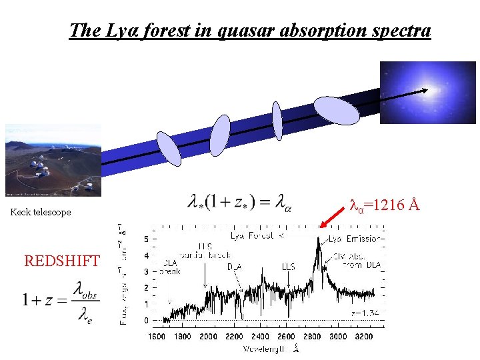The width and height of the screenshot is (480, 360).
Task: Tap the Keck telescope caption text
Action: [x=41, y=212]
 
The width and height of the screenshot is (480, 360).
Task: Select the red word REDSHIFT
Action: [x=62, y=261]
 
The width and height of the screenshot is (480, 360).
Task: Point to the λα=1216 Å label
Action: [x=385, y=205]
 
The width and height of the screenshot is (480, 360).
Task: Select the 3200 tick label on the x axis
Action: [x=363, y=337]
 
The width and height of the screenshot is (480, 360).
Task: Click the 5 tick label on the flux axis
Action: [x=147, y=239]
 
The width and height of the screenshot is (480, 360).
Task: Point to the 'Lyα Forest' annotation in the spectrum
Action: [x=257, y=236]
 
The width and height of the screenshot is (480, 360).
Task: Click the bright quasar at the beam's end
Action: [x=424, y=91]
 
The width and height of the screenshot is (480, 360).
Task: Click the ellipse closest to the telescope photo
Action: [x=168, y=148]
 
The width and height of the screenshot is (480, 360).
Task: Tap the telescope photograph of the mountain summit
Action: [x=53, y=160]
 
